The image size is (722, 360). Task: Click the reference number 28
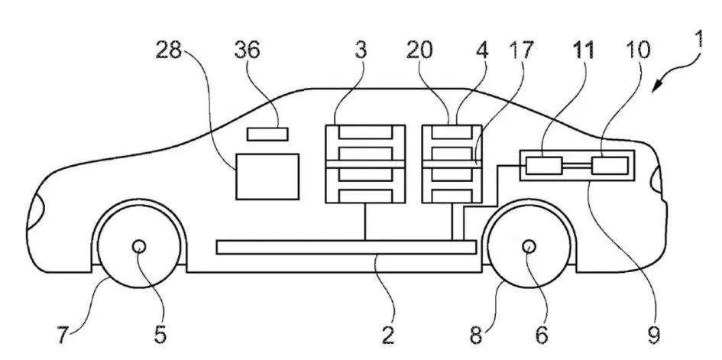click(x=169, y=50)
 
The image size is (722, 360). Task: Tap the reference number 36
click(x=247, y=50)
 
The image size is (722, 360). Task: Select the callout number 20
click(x=419, y=50)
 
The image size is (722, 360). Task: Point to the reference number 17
click(x=521, y=50)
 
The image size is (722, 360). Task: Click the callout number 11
click(x=582, y=50)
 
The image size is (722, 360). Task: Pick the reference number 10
click(x=637, y=50)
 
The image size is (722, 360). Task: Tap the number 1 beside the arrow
click(x=698, y=40)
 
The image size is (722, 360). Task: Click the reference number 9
click(x=654, y=336)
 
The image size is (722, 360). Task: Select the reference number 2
click(x=388, y=336)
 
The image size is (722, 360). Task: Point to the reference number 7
click(x=63, y=336)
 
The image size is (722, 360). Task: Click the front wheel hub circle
click(x=138, y=247)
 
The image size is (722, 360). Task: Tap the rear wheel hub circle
click(x=529, y=247)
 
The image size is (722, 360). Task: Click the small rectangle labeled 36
click(x=267, y=134)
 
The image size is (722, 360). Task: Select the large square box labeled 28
click(x=267, y=177)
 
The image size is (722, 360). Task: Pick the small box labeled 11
click(x=544, y=166)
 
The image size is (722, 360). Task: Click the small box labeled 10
click(x=610, y=166)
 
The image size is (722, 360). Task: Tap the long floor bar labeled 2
click(x=346, y=247)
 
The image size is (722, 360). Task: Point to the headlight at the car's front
click(x=34, y=212)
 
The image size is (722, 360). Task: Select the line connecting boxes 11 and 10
click(x=577, y=166)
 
